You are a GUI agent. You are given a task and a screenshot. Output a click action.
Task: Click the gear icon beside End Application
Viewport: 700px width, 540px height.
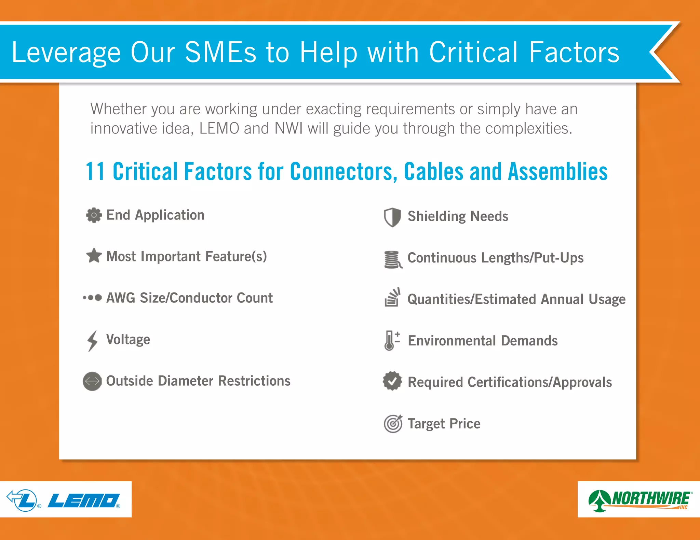pos(94,215)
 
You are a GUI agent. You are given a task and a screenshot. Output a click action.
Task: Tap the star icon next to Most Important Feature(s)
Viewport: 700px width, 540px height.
pos(94,256)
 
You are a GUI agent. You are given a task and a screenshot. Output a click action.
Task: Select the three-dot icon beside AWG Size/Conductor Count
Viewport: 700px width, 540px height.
pos(92,298)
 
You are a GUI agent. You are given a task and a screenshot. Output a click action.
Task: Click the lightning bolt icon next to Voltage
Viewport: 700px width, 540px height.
pos(92,341)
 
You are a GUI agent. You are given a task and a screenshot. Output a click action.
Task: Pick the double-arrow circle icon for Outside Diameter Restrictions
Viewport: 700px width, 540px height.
pos(92,381)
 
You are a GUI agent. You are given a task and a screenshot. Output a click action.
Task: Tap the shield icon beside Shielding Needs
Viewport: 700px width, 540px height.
pos(392,217)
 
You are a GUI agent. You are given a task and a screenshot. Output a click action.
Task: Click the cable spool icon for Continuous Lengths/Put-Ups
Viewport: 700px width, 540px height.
pos(393,259)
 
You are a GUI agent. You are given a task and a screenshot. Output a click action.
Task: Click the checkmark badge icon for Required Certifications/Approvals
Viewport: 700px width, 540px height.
pos(392,381)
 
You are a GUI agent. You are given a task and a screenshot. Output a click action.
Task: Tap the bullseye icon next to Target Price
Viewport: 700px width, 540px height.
pos(393,424)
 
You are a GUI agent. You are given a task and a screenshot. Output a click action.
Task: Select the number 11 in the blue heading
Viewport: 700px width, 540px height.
pos(95,171)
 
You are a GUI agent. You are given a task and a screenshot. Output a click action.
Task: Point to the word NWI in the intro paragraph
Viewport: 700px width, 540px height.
pos(288,129)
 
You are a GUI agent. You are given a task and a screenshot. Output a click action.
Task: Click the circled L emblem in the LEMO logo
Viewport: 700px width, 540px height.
pos(24,500)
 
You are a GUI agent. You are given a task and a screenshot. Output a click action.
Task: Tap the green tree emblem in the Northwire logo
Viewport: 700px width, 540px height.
pos(599,500)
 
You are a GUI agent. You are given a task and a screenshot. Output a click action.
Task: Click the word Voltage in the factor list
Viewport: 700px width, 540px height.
pos(128,340)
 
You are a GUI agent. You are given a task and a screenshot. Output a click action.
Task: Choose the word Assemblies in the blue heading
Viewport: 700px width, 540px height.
pos(558,171)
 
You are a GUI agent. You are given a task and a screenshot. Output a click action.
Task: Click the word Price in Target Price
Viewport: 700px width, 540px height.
pos(465,424)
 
